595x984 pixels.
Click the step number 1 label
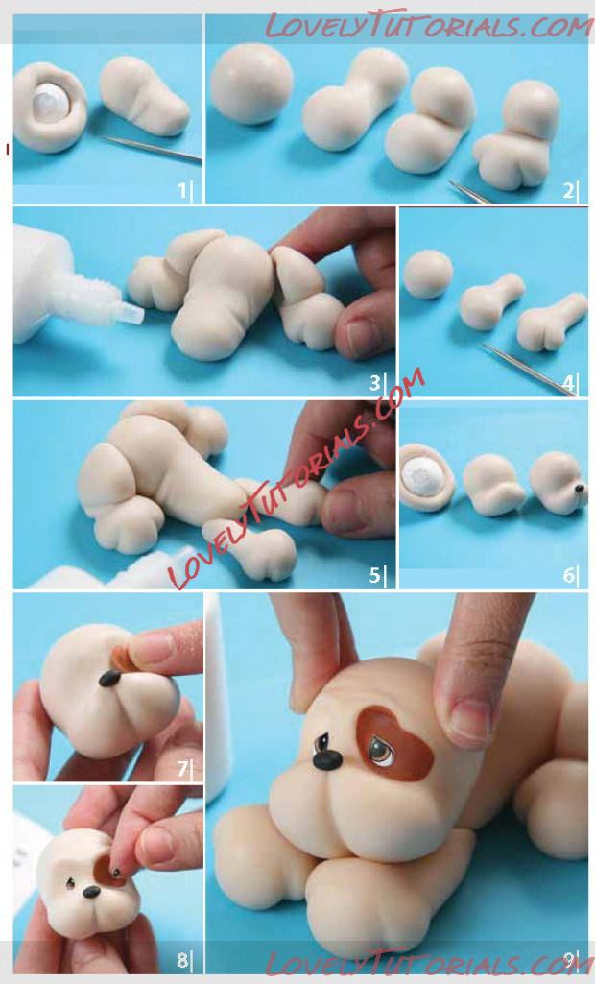point(183,190)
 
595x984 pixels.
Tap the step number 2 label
point(568,190)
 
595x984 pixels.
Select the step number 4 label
point(569,383)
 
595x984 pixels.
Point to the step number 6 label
point(569,575)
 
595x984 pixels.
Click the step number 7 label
point(183,767)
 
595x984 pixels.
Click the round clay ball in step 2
point(251,84)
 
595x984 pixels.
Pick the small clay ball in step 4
point(428,274)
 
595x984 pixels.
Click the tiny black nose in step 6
point(580,488)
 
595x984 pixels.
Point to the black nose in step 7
point(110,678)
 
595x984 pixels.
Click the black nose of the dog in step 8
point(91,891)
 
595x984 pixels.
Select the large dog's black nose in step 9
point(327,760)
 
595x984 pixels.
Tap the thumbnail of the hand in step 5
point(344,510)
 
